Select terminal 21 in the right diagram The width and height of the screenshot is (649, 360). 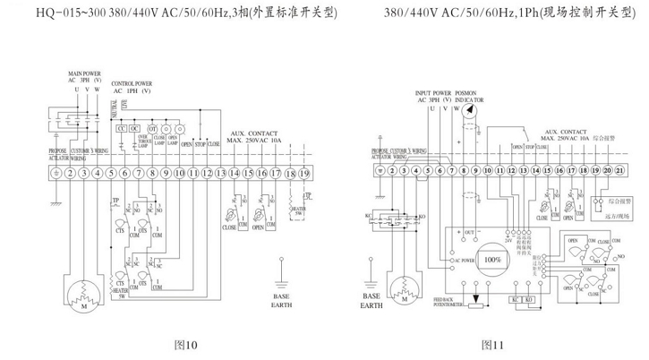click(621, 168)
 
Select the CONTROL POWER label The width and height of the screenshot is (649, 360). click(132, 82)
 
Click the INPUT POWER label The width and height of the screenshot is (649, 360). click(433, 92)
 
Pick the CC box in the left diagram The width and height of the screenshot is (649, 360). click(121, 128)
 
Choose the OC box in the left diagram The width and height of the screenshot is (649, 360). click(134, 128)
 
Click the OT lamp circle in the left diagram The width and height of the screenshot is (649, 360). click(152, 128)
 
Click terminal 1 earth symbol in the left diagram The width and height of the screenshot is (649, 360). click(56, 172)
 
